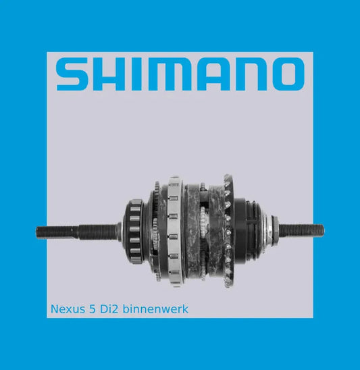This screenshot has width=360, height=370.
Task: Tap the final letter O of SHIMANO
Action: (288, 74)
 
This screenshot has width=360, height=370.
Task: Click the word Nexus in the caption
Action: (68, 309)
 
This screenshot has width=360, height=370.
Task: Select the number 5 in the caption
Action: (93, 309)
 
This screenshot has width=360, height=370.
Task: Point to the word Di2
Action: (109, 309)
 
